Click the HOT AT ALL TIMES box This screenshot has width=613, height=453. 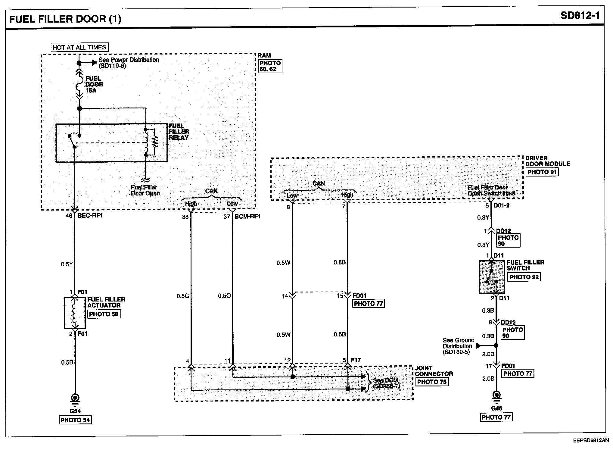point(79,47)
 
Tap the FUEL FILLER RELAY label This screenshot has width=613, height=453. point(179,132)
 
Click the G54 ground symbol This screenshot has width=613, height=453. point(75,399)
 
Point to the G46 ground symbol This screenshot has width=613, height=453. point(496,397)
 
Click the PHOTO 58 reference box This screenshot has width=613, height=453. point(104,314)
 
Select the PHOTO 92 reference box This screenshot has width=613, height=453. point(524,277)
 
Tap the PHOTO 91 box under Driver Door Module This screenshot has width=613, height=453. point(542,172)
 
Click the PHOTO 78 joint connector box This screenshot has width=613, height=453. point(431,382)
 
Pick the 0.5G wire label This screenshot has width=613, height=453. point(183,296)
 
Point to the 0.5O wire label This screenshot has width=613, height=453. point(224,296)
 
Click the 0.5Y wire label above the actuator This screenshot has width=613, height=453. point(67,264)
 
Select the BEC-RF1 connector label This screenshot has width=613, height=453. point(90,216)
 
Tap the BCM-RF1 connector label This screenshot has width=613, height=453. point(248,216)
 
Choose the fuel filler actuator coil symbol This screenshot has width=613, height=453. point(75,313)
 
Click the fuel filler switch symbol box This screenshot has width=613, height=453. point(492,277)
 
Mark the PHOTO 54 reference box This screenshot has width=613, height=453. point(75,420)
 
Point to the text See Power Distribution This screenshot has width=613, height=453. point(129,60)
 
